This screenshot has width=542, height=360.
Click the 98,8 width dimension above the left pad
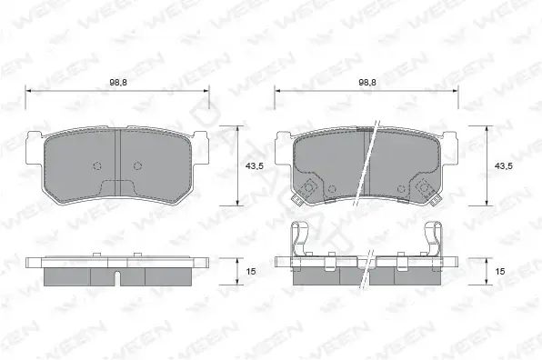(x=118, y=83)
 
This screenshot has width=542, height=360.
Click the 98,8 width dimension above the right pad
(x=367, y=83)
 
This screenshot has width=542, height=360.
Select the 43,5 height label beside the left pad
(x=255, y=166)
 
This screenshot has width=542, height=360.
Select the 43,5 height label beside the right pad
(x=503, y=166)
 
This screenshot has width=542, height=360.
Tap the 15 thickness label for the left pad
(x=251, y=272)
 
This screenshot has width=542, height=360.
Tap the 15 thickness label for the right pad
(x=500, y=272)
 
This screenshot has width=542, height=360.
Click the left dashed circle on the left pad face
(x=97, y=165)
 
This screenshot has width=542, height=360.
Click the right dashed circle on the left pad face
(x=138, y=165)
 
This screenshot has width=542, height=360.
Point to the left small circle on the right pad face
(x=332, y=189)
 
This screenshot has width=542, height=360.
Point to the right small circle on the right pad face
(x=401, y=189)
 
